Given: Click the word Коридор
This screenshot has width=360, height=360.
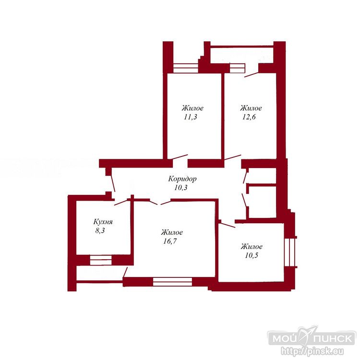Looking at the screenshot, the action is pos(182,179).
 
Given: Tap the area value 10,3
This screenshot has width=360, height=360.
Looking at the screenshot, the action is pos(181,188).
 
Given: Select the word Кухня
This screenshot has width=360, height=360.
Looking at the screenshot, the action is pos(103,222).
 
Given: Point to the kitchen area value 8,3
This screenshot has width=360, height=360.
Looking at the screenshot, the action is pos(100,230).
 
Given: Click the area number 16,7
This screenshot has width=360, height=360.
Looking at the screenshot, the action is pos(170,241).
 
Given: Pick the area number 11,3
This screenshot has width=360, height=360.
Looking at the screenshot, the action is pos(191,117).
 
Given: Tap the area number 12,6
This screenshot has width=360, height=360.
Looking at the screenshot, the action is pos(249,117).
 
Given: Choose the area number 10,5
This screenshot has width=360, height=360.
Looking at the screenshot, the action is pos(252,255).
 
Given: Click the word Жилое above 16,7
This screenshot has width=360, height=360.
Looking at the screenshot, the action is pos(172,232).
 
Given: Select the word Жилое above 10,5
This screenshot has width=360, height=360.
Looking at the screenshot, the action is pos(252,247).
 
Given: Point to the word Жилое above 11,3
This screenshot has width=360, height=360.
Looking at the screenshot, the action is pos(192,108).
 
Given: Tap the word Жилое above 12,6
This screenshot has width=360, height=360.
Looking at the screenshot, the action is pos(251,108).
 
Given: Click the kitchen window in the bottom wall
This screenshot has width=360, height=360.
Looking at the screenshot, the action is pos(101,260).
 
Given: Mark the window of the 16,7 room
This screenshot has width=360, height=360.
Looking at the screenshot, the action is pos(172,282).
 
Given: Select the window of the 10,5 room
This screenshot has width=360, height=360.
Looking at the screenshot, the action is pos(289,252).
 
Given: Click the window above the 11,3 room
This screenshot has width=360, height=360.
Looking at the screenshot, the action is pos(185,68).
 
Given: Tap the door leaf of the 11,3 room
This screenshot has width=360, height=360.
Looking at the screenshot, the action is pos(178,157).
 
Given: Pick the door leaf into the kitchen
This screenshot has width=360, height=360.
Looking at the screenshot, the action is pos(121,203).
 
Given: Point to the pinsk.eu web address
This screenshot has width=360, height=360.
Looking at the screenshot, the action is pos(312,351).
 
